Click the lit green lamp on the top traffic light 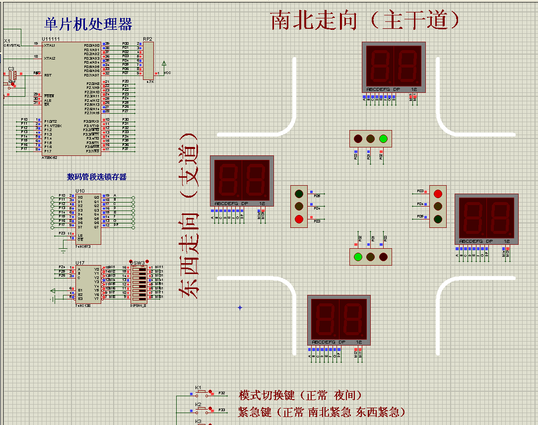(383, 139)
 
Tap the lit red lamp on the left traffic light (299, 219)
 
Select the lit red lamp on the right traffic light (438, 193)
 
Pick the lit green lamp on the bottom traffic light (357, 257)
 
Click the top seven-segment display (394, 67)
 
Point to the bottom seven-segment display (339, 320)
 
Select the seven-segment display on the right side (486, 219)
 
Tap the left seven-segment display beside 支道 (242, 181)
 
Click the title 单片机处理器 (88, 24)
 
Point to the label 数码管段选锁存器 (97, 177)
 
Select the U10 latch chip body (88, 219)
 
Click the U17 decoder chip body (88, 283)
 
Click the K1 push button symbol (202, 393)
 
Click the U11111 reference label (51, 39)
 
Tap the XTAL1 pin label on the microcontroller (50, 45)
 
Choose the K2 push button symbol (202, 410)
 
